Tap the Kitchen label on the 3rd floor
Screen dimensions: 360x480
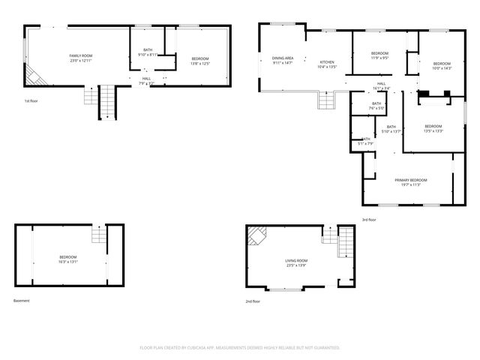pos(327,62)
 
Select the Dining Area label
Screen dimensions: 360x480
pos(283,58)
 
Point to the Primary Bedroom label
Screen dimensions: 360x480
pos(411,180)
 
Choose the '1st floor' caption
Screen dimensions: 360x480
pos(30,100)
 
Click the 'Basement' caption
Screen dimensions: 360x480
pos(21,301)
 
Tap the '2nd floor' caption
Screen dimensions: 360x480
pos(253,301)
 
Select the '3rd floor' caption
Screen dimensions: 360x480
pos(369,219)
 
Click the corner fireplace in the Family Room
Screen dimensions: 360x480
pos(34,74)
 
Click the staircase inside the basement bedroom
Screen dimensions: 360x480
pos(99,235)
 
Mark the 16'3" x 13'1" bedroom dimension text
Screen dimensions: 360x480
pos(68,262)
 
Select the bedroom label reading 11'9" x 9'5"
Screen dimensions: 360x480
pos(379,57)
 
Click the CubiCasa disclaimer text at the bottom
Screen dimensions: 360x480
pos(240,348)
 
